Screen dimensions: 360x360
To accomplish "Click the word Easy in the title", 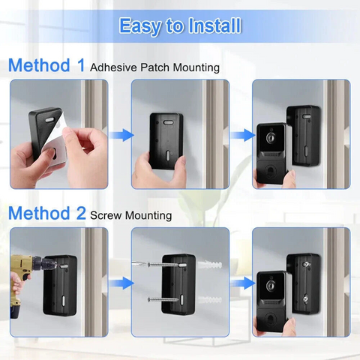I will pyautogui.click(x=141, y=26).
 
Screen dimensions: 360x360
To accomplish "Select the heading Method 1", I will pyautogui.click(x=46, y=65).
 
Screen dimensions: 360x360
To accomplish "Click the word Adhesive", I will pyautogui.click(x=115, y=67).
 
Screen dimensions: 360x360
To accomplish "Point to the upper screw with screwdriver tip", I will pyautogui.click(x=160, y=264).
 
